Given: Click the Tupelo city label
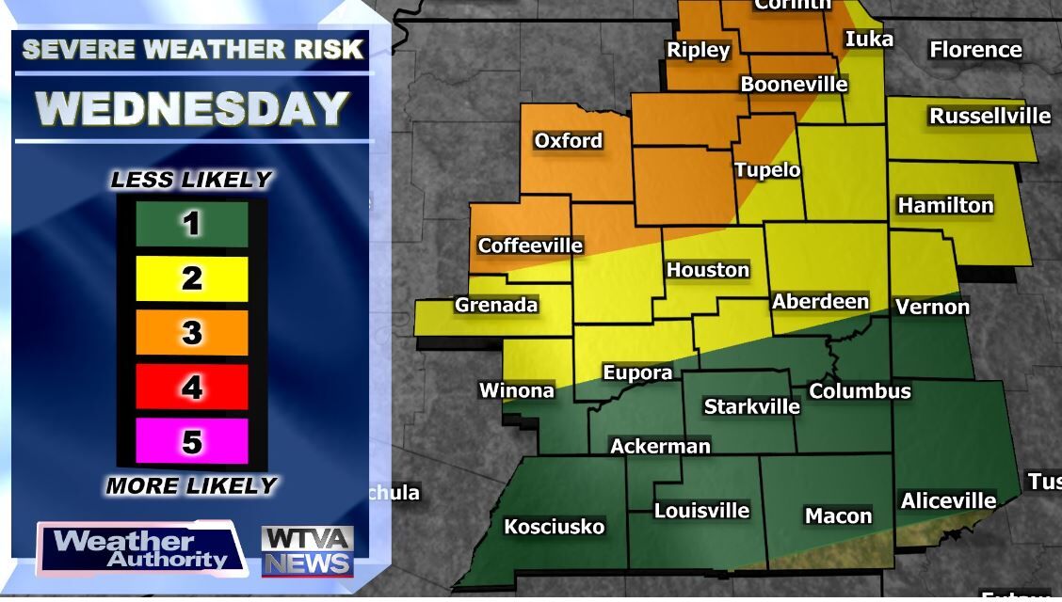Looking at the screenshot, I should tap(767, 170).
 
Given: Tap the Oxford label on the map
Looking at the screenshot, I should tap(568, 141).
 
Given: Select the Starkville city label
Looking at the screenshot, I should tap(752, 406).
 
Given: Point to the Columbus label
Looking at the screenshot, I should tap(860, 391).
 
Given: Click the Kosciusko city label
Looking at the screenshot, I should tap(554, 527).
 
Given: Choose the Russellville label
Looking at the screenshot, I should tap(990, 116).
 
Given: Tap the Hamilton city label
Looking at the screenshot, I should tap(945, 205).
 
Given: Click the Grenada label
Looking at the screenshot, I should tap(496, 305).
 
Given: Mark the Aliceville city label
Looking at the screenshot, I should tap(948, 501).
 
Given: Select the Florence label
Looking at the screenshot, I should tap(975, 50).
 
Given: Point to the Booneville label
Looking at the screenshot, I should tap(794, 85).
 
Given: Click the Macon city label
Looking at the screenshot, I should tap(838, 515).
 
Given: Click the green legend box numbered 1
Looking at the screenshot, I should tap(192, 224).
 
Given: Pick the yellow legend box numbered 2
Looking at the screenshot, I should tap(192, 278).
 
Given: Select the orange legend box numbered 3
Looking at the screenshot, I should tap(192, 332).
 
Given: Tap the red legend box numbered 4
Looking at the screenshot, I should tap(192, 387).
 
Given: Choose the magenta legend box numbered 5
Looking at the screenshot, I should tap(192, 441).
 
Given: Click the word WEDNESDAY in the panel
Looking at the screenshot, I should tap(193, 109).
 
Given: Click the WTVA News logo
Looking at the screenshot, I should tap(307, 551).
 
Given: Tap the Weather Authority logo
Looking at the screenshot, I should tap(140, 549).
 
